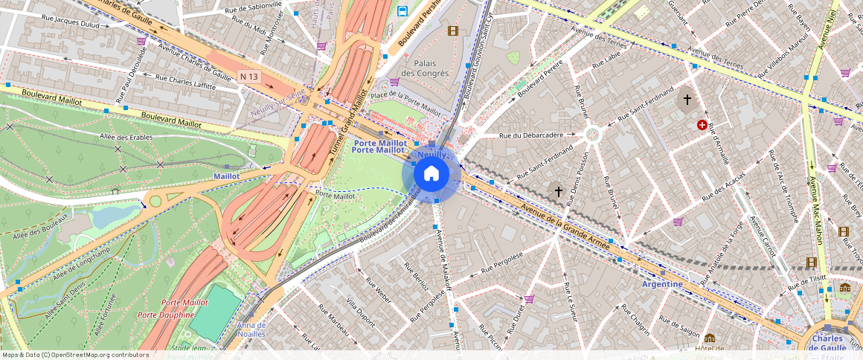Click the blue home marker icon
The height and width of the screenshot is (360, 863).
point(431,174)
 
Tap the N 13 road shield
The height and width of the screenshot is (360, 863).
point(249,77)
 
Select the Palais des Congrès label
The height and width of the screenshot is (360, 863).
point(425,68)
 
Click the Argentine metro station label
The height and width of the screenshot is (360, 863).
point(661,284)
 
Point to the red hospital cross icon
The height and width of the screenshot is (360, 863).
point(702,125)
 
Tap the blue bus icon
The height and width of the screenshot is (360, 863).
point(402,11)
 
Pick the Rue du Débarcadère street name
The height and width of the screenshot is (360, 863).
point(537,135)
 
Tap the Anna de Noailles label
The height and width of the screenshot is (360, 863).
point(251,330)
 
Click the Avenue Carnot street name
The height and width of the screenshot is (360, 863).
point(763,237)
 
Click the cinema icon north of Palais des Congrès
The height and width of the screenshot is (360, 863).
point(452,30)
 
